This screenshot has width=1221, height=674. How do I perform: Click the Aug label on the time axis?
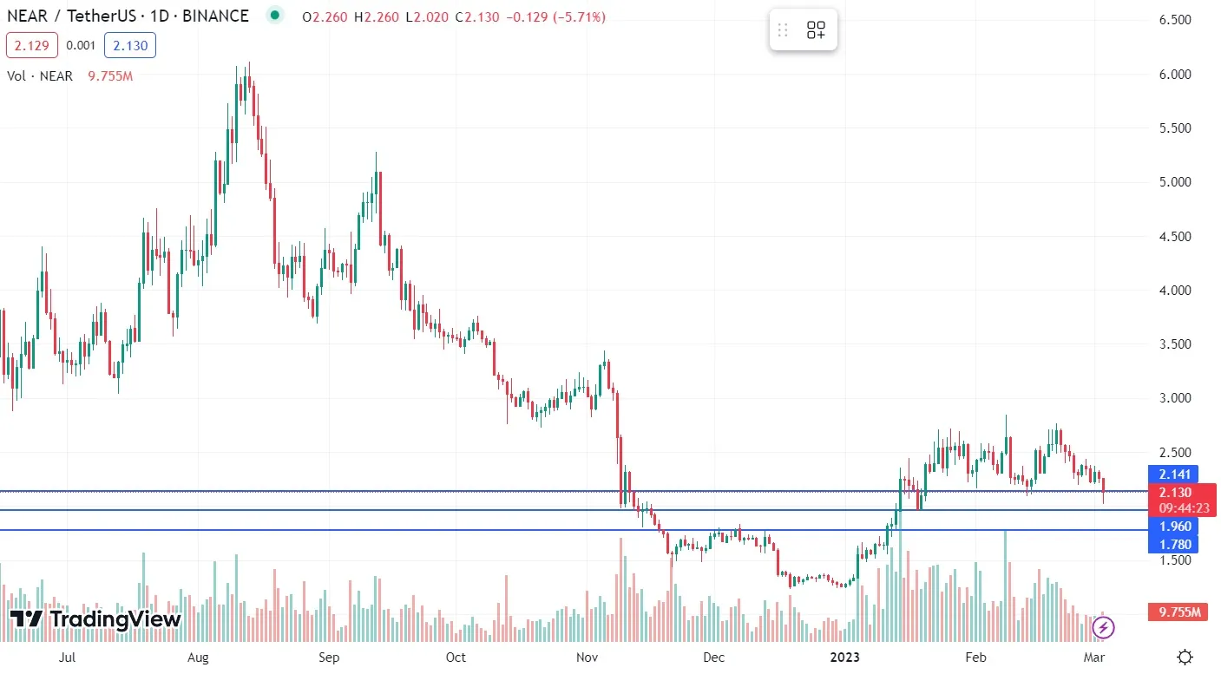tap(198, 658)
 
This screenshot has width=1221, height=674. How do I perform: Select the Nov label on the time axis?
tap(588, 658)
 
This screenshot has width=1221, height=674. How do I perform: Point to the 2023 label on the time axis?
tap(844, 658)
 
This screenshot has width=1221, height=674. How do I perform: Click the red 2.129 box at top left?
tap(32, 45)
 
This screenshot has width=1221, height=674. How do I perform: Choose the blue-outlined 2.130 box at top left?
tap(130, 45)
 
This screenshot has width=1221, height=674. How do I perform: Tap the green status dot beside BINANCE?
tap(275, 16)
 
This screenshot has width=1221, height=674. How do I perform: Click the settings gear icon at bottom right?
tap(1185, 657)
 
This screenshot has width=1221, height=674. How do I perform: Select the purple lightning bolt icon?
tap(1103, 627)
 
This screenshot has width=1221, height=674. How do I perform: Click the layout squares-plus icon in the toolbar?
tap(816, 30)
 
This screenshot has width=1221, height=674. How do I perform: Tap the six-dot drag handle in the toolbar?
tap(783, 30)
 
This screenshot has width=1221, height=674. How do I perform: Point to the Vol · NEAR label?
tap(40, 76)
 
